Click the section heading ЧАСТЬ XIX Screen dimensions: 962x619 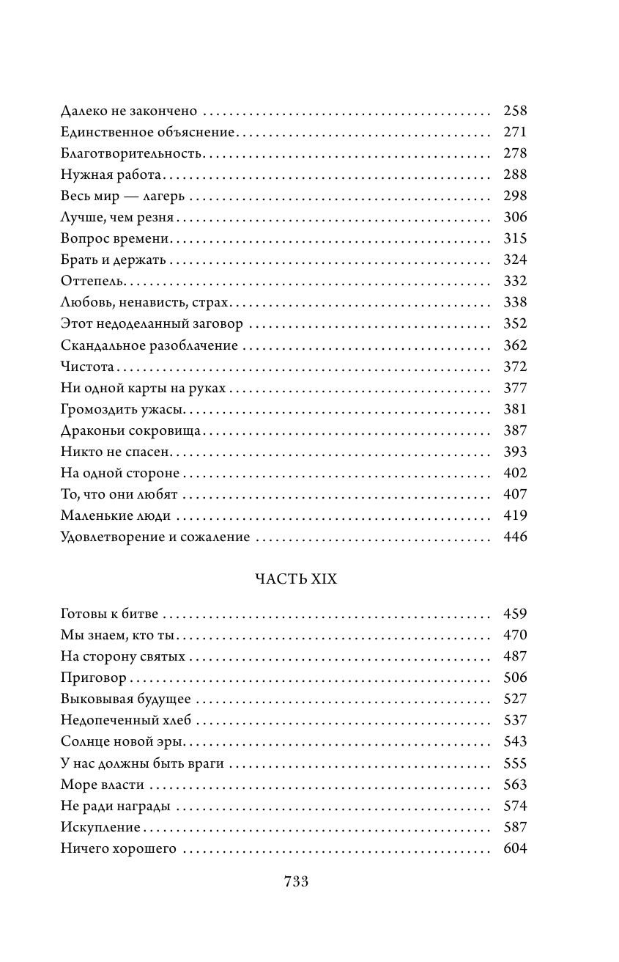(x=295, y=579)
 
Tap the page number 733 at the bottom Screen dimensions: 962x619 (x=296, y=882)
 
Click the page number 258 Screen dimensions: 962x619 (x=515, y=111)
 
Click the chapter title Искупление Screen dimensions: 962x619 (x=100, y=828)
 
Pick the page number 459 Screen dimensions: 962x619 (x=515, y=614)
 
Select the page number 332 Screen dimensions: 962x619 (x=515, y=282)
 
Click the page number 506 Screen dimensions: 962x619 (x=515, y=678)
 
